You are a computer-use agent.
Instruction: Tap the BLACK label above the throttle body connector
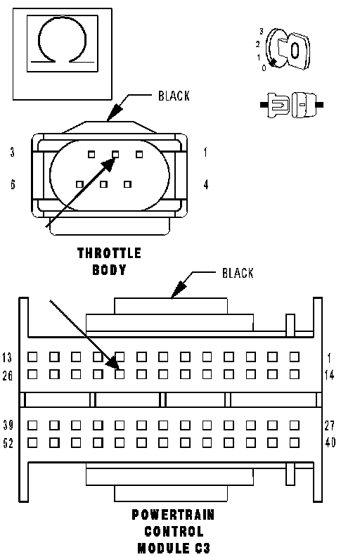174,96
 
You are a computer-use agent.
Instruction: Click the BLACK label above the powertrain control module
238,273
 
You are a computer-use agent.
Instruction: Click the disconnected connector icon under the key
292,105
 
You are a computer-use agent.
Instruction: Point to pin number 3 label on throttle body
13,153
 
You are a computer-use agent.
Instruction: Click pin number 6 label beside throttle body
13,184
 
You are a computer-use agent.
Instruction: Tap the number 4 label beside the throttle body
206,185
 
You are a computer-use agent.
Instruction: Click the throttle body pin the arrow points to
115,154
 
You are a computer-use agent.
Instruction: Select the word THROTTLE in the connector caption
110,253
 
